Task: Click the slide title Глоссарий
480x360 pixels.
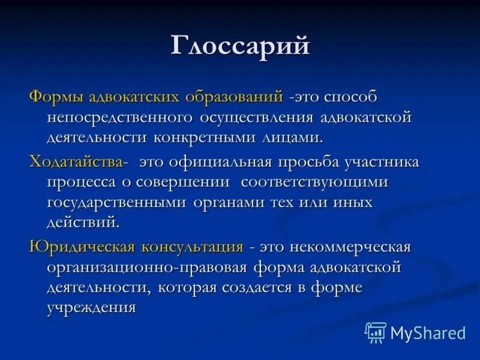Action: [x=240, y=46]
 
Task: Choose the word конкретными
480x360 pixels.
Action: [x=206, y=137]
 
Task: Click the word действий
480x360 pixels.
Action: [x=83, y=223]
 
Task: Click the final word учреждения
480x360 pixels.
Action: [x=91, y=308]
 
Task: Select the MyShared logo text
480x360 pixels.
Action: [x=428, y=332]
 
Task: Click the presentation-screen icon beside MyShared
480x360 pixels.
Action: [x=376, y=332]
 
